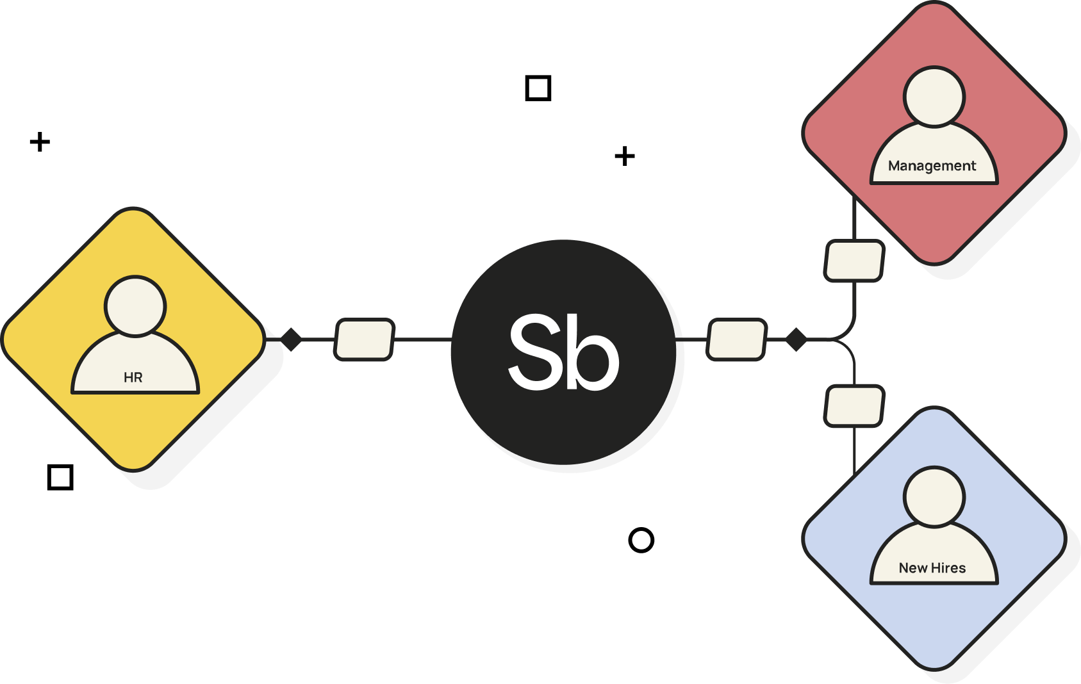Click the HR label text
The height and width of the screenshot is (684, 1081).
tap(133, 377)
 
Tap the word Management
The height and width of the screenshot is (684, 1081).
tap(932, 166)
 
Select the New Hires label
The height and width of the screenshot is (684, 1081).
tap(932, 568)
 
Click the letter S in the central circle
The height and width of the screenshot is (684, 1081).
tap(534, 352)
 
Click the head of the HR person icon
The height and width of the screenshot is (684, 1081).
tap(135, 306)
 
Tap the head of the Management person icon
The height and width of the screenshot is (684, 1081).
tap(934, 97)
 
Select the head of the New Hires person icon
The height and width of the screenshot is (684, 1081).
tap(934, 497)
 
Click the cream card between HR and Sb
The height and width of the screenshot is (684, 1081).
tap(364, 339)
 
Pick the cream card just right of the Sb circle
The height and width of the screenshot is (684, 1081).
tap(736, 339)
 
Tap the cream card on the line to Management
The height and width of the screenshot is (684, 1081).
tap(854, 260)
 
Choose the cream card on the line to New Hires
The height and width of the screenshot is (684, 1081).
tap(854, 405)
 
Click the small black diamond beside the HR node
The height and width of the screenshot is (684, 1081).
tap(291, 339)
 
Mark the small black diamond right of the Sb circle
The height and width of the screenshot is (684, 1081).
tap(796, 339)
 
